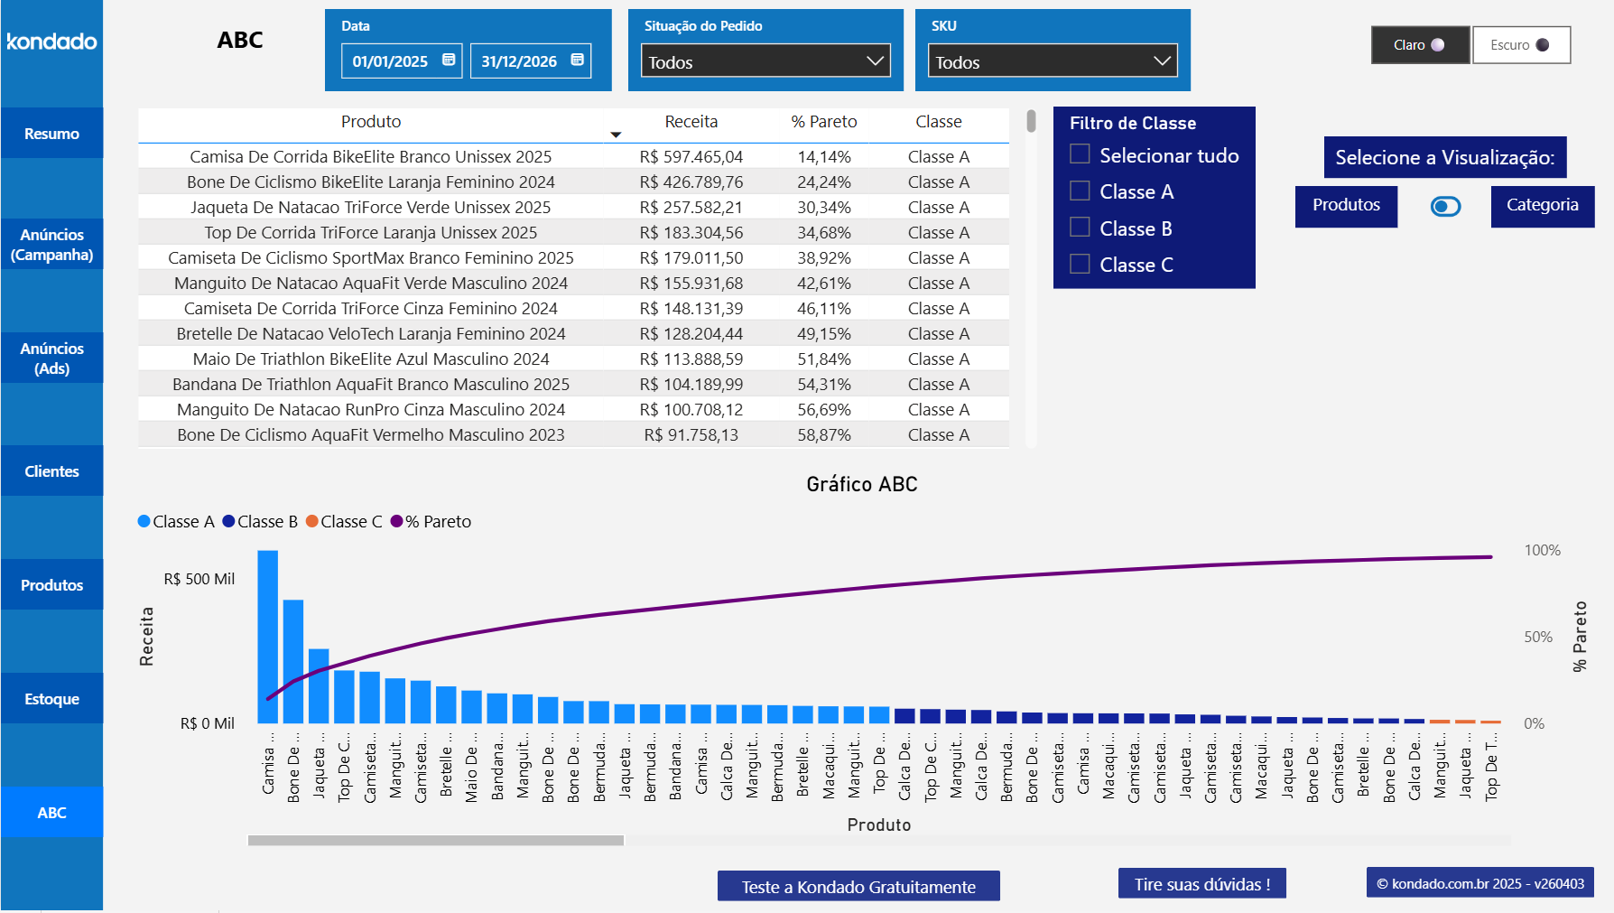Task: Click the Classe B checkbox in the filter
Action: pyautogui.click(x=1080, y=228)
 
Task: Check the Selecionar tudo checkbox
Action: pyautogui.click(x=1080, y=154)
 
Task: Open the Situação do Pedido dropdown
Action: pyautogui.click(x=765, y=61)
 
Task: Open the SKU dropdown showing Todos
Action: pyautogui.click(x=1053, y=61)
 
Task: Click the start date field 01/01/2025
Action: pyautogui.click(x=391, y=61)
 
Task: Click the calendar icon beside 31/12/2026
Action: pyautogui.click(x=578, y=60)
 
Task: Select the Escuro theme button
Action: pyautogui.click(x=1521, y=45)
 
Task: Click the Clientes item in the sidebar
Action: pyautogui.click(x=51, y=471)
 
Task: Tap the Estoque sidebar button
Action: pyautogui.click(x=51, y=699)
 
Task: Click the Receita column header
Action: pyautogui.click(x=691, y=122)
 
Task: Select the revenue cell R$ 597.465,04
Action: pyautogui.click(x=691, y=157)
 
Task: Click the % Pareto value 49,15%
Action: pyautogui.click(x=823, y=334)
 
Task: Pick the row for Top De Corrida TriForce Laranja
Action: pyautogui.click(x=370, y=233)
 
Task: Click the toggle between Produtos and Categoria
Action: pyautogui.click(x=1445, y=207)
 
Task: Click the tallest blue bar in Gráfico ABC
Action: pyautogui.click(x=268, y=637)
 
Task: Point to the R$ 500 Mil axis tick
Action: pyautogui.click(x=199, y=580)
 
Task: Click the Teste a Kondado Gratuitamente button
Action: pyautogui.click(x=858, y=887)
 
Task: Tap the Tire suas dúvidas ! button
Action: pyautogui.click(x=1201, y=884)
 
